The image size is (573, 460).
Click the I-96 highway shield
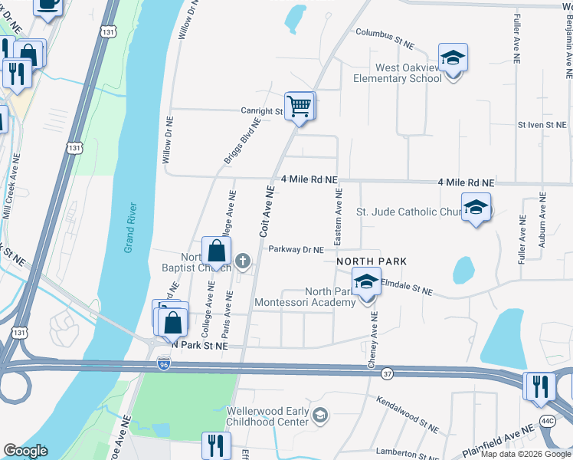coord(163,363)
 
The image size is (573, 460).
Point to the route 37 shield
coord(387,373)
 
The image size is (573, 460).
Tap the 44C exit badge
coord(547,421)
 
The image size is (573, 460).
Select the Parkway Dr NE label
coord(296,249)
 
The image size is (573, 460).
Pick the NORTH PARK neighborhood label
coord(371,261)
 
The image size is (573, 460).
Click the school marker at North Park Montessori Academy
coord(367,281)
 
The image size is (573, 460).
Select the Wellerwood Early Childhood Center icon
coord(320,416)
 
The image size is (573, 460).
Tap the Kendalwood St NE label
coord(408,410)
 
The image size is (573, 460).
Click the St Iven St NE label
coord(542,124)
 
